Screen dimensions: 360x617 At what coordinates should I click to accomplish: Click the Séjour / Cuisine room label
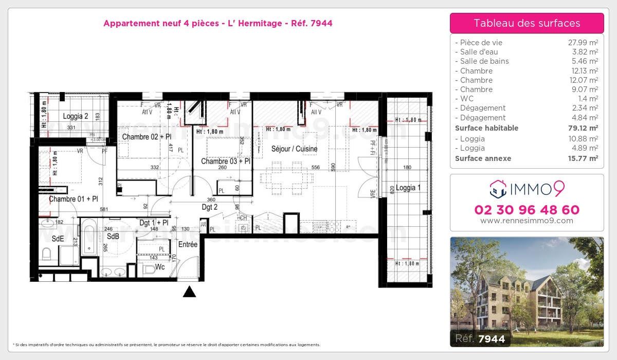pos(295,149)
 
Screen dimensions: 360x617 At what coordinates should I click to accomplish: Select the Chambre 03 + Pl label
pos(226,161)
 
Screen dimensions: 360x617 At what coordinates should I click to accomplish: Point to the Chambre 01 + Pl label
pos(73,199)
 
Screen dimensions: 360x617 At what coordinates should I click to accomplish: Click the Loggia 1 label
pos(406,188)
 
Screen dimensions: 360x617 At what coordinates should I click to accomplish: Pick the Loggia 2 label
pos(76,116)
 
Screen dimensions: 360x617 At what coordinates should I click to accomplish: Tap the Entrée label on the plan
pos(188,245)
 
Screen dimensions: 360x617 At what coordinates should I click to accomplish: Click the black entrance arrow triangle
pos(190,292)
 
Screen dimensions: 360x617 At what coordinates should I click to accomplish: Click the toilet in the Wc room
pos(149,269)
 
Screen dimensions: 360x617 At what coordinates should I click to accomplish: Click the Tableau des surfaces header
pos(527,23)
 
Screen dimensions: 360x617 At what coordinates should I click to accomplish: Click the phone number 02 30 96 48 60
pos(527,210)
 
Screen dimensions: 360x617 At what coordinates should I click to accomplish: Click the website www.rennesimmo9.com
pos(527,221)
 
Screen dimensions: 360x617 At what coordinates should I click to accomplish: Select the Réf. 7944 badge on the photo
pos(478,338)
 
